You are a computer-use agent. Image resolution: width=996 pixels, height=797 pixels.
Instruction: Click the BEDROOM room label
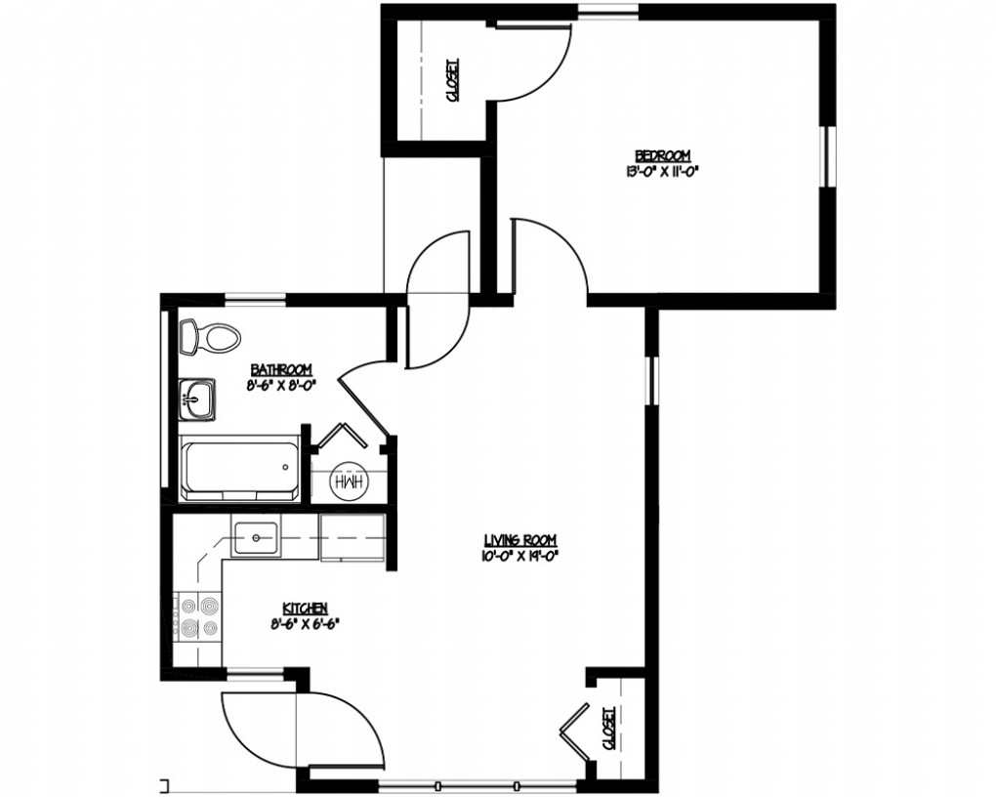[662, 155]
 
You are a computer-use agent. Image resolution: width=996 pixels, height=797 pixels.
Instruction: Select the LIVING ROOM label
[520, 540]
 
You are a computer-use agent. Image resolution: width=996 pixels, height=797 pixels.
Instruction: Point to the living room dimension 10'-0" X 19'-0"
[520, 555]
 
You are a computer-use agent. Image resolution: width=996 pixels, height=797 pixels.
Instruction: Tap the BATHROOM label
[281, 368]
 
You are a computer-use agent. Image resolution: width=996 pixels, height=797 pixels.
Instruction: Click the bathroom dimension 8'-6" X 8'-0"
[281, 384]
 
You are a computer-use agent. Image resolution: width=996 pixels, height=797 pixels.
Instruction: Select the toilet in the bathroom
[210, 337]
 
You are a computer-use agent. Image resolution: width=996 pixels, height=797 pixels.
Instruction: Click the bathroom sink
[197, 399]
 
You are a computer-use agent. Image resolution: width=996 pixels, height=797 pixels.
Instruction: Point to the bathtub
[240, 468]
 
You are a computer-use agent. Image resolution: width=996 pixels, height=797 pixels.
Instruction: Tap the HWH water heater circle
[349, 482]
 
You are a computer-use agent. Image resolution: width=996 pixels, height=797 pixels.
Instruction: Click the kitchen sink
[256, 538]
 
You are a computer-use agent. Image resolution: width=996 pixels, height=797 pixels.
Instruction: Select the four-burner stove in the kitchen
[197, 616]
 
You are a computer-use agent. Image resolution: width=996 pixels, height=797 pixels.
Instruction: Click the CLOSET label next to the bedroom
[453, 80]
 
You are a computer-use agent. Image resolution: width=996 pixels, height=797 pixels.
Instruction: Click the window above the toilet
[256, 296]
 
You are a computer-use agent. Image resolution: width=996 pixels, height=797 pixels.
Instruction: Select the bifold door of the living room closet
[575, 732]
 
